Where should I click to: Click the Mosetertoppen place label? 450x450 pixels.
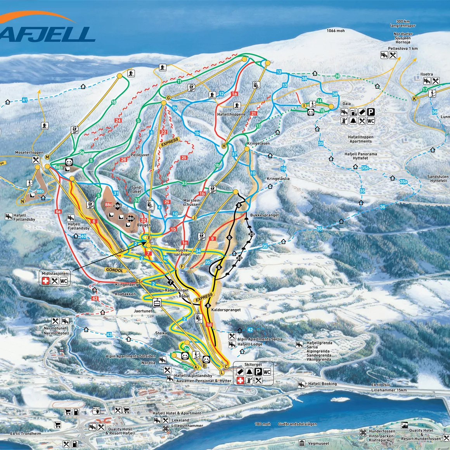tap(29, 153)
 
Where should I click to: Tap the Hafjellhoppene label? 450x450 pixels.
tap(231, 114)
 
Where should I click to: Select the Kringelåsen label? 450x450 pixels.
tap(258, 143)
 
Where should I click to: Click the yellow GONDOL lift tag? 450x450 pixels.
tap(114, 270)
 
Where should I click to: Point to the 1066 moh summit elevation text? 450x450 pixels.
tap(336, 31)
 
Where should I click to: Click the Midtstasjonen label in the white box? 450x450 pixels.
tap(55, 273)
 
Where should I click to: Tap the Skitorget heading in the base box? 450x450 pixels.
tap(253, 365)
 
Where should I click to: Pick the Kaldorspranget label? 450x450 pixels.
tap(226, 310)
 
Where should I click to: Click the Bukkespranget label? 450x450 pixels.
tap(264, 215)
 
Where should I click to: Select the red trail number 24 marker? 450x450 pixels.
tap(118, 121)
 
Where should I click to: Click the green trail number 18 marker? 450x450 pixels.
tap(114, 102)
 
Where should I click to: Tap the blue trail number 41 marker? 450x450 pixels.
tap(25, 100)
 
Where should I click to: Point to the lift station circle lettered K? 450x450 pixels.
tap(415, 99)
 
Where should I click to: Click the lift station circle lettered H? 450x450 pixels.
tap(223, 146)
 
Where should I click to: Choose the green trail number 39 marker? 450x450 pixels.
tap(337, 76)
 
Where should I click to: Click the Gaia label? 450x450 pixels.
tap(346, 104)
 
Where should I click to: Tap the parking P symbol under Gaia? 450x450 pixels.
tap(371, 112)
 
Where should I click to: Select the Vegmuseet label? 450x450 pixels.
tap(319, 443)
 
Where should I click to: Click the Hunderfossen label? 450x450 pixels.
tap(382, 431)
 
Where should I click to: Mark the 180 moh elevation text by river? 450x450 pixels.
tap(263, 424)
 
